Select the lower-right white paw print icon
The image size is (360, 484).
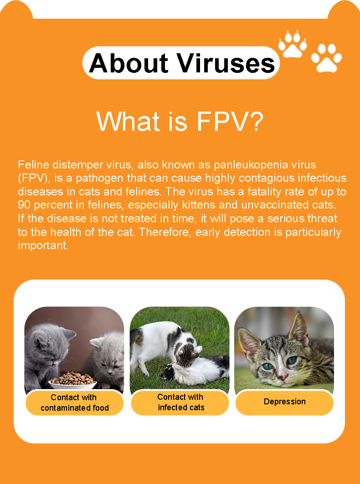pos(326,58)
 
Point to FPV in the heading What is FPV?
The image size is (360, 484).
pos(222,121)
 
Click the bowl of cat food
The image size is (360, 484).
pos(73,380)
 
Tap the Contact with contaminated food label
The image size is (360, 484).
pos(74,402)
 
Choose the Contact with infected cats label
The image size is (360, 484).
pos(180,402)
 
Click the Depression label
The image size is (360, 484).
pos(285,402)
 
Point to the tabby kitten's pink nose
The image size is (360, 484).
pos(284,376)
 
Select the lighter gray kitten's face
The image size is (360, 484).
pos(108,355)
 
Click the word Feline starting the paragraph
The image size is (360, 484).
pos(33,165)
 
